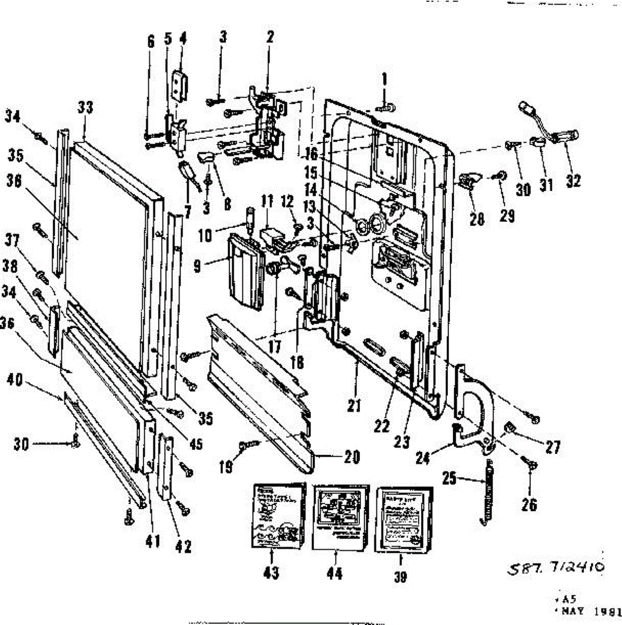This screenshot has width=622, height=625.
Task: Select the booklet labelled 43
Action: (274, 516)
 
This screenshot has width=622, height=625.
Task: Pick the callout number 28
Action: (477, 219)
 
